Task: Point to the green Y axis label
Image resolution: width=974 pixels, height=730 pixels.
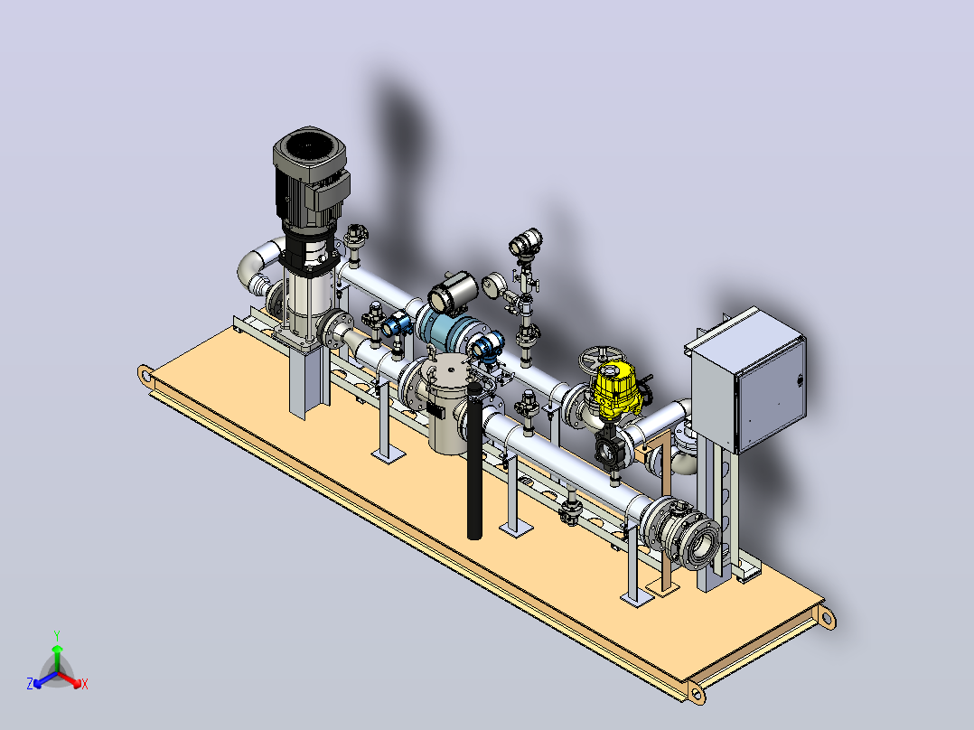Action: coord(57,635)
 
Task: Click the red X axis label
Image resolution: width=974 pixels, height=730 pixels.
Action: coord(85,684)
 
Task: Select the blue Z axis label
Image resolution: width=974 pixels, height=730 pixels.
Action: coord(30,683)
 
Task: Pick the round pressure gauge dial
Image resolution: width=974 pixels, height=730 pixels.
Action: coord(493,285)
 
